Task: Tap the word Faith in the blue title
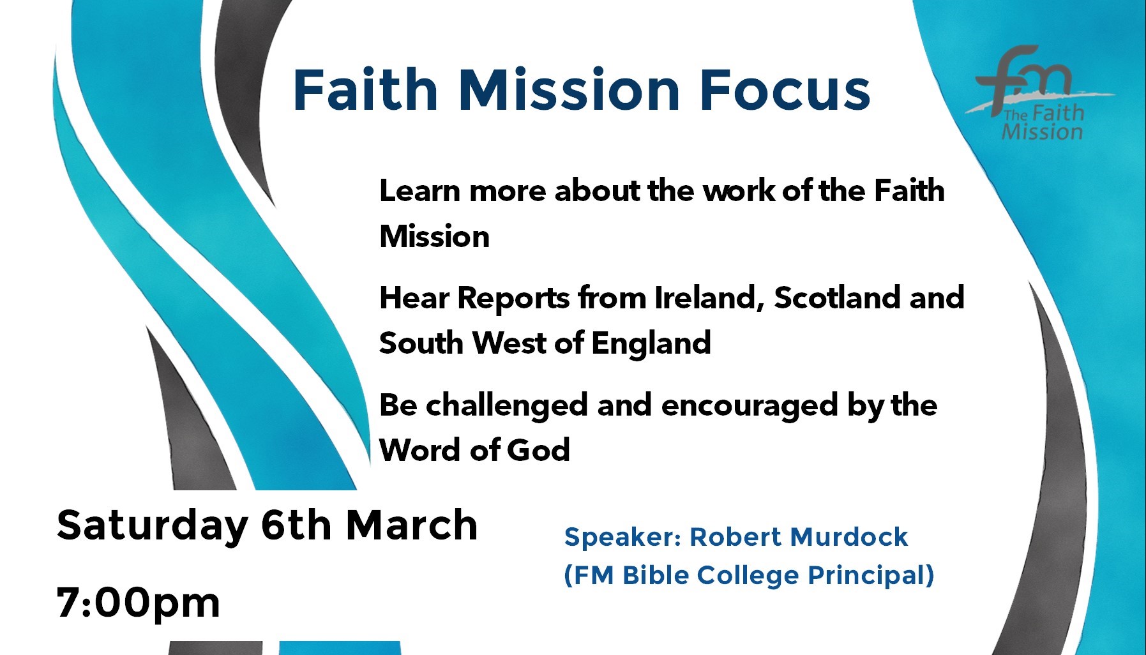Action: point(365,89)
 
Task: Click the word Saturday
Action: point(153,526)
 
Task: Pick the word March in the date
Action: point(412,525)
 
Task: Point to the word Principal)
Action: point(871,576)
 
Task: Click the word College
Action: point(748,576)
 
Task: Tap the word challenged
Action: point(506,405)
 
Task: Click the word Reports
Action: point(513,299)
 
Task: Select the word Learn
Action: point(419,191)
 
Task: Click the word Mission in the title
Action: point(569,89)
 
